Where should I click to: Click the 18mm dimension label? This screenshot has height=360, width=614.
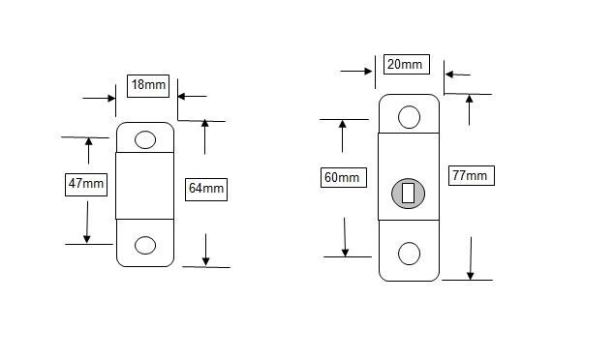[x=148, y=86]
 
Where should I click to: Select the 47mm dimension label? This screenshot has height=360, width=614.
[x=86, y=184]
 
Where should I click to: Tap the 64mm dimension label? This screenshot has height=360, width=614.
[x=206, y=190]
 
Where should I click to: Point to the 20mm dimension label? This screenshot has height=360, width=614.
[x=407, y=64]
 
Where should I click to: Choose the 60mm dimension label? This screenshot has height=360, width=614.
[x=344, y=177]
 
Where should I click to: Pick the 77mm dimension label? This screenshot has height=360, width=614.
[x=472, y=175]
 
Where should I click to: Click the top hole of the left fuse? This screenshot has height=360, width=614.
[x=145, y=139]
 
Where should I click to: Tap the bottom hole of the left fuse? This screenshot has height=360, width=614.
[x=145, y=246]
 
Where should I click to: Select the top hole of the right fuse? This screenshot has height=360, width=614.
[x=410, y=117]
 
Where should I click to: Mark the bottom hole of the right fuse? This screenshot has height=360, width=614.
[x=410, y=254]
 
